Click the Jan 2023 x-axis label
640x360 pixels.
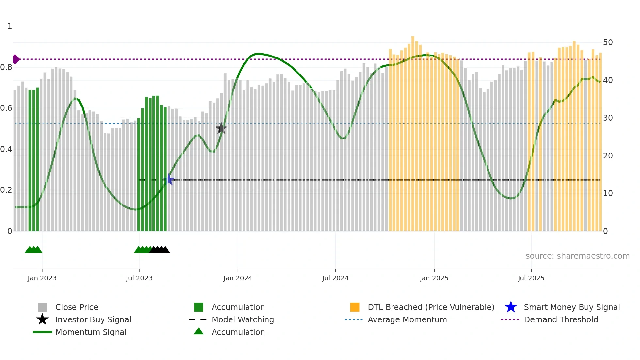click(42, 278)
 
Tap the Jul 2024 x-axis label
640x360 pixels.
click(335, 278)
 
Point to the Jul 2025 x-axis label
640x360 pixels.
click(531, 278)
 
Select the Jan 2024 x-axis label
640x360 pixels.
click(238, 278)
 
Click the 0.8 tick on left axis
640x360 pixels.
click(7, 67)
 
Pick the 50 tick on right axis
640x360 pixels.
click(608, 42)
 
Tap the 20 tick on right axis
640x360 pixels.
click(608, 155)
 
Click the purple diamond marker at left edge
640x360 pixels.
click(16, 59)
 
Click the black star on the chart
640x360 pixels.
click(221, 128)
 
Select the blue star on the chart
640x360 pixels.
click(169, 179)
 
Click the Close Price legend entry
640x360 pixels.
click(77, 307)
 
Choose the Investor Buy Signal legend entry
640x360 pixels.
click(93, 319)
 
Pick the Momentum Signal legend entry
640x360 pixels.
click(91, 332)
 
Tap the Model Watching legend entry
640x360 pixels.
click(243, 319)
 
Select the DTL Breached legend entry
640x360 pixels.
click(431, 307)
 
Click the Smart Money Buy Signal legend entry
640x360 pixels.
click(572, 307)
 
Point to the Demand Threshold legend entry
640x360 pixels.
click(561, 319)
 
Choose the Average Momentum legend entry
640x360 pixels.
click(407, 319)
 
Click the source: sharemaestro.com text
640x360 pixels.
click(577, 256)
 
